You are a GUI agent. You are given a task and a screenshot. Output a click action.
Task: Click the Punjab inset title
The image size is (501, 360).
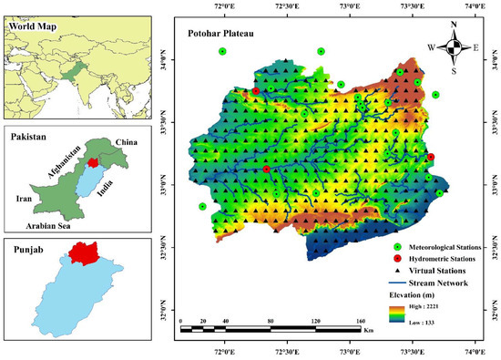[x=28, y=247]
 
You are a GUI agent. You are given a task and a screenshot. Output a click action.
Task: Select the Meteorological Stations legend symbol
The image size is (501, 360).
[x=397, y=247]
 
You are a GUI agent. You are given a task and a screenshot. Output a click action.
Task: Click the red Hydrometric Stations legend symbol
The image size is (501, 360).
[x=397, y=259]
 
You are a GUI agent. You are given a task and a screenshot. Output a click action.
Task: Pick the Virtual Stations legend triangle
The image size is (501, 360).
[x=397, y=271]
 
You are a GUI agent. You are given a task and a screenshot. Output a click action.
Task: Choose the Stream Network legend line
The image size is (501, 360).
[x=397, y=283]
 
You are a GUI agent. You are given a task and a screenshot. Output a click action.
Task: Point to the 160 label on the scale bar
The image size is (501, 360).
[x=360, y=322]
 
